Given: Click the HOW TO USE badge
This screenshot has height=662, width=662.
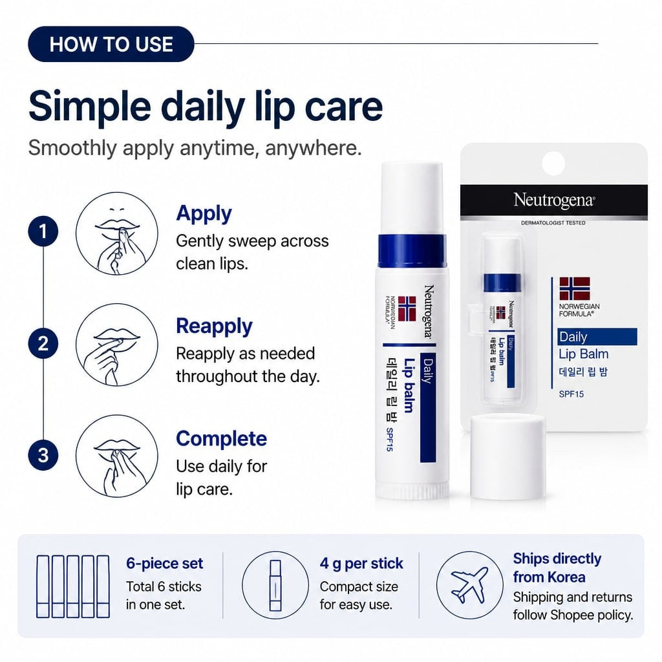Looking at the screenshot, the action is [x=111, y=44].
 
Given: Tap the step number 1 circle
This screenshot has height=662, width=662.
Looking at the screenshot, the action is [x=43, y=231].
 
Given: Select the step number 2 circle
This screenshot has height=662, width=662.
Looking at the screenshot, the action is [x=43, y=343].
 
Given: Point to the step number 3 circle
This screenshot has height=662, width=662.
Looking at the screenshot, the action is [x=43, y=455].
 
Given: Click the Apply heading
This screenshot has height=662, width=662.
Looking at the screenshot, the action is [x=204, y=214].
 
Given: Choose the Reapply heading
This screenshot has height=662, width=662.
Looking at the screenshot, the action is [x=214, y=326].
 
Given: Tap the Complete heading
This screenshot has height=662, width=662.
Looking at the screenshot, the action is [x=221, y=439].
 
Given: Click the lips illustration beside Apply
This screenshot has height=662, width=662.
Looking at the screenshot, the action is [x=117, y=233].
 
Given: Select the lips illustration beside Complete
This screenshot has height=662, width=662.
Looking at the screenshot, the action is [x=117, y=456].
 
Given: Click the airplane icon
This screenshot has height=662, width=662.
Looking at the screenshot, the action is [x=469, y=585].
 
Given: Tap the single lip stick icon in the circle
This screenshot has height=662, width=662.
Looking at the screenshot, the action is [x=275, y=585].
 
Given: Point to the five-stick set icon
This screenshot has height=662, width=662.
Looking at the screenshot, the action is [x=73, y=586].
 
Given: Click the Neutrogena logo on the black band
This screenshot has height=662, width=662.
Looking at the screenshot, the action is [x=554, y=200].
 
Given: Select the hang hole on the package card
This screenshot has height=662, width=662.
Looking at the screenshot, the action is [x=553, y=164].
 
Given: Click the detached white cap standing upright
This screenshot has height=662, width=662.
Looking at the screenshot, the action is [x=507, y=457].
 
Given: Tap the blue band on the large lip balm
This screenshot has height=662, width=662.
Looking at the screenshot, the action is [x=412, y=251].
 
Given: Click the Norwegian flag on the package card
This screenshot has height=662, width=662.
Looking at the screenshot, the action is [x=575, y=288].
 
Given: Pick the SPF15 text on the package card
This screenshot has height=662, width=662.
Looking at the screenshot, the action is [x=571, y=394].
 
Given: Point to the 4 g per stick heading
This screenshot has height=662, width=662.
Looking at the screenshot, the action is [x=361, y=564].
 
